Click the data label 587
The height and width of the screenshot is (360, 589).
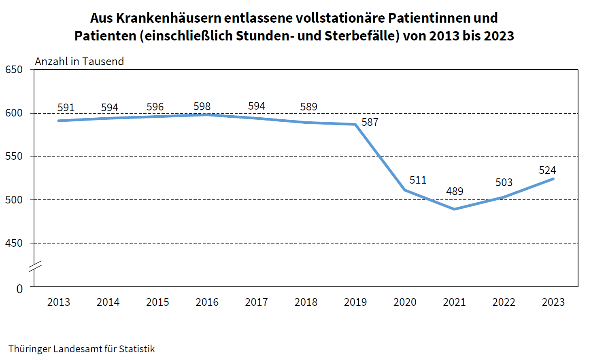click(x=370, y=122)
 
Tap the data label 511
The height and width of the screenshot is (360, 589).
click(x=418, y=180)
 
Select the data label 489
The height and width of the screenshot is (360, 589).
click(x=454, y=191)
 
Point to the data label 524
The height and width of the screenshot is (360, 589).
click(x=547, y=170)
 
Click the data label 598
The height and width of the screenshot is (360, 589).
click(x=202, y=106)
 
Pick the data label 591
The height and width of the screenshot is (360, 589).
click(x=66, y=108)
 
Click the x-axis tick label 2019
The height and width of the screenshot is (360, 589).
click(x=355, y=302)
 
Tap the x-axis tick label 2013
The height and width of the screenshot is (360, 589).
click(x=59, y=302)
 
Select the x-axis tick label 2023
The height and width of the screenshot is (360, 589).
click(x=553, y=302)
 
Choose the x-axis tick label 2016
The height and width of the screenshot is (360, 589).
click(x=207, y=302)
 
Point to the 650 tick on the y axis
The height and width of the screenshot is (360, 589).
click(x=14, y=70)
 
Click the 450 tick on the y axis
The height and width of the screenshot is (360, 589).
click(x=14, y=243)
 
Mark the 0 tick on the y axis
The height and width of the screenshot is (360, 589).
click(x=19, y=289)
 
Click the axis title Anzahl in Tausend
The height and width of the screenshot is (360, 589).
click(x=79, y=61)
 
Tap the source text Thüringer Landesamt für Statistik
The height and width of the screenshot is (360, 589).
click(x=81, y=349)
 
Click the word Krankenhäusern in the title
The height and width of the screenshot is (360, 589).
click(x=168, y=18)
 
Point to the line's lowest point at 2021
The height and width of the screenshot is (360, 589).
click(x=454, y=209)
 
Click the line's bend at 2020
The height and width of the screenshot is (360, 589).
click(x=405, y=190)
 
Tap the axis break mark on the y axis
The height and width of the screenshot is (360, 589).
click(x=35, y=267)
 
